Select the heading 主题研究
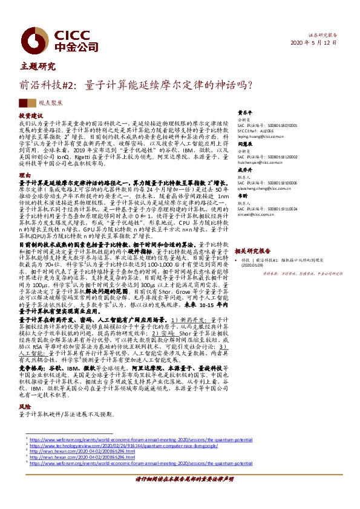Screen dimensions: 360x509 (x=42, y=66)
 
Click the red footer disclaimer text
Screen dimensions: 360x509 (x=180, y=495)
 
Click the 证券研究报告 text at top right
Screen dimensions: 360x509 (x=333, y=35)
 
